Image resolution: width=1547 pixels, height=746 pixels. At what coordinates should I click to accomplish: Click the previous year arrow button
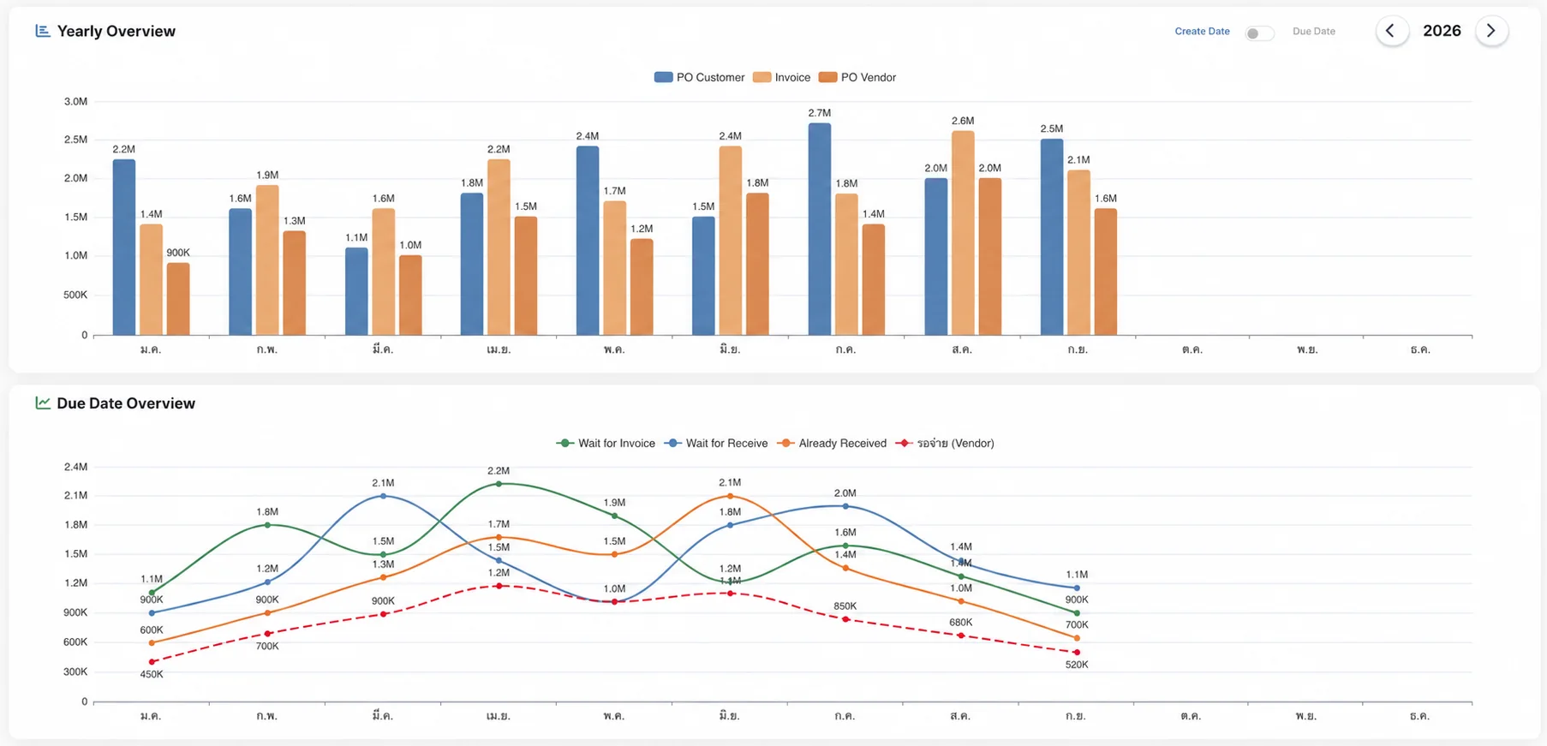[1391, 31]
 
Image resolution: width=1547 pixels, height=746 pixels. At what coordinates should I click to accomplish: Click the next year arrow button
[1491, 31]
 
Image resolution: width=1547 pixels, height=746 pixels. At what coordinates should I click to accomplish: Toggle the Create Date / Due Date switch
[1259, 33]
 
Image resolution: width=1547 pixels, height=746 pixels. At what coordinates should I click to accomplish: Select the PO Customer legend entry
[699, 77]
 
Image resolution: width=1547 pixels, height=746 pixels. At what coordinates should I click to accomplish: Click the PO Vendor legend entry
[857, 77]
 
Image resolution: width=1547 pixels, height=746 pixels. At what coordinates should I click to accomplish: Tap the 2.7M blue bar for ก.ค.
[820, 229]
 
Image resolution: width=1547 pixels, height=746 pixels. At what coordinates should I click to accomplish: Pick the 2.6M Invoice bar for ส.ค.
[963, 233]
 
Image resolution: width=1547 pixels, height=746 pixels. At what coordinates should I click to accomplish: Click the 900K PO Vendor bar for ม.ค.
[178, 299]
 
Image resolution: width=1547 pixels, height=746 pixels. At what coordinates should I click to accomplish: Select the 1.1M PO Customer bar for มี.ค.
[356, 291]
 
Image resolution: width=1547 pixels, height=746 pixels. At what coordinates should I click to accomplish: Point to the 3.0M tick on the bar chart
[75, 101]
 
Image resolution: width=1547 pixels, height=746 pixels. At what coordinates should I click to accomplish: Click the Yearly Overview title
[116, 31]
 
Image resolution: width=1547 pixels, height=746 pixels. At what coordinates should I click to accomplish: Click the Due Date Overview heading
[126, 403]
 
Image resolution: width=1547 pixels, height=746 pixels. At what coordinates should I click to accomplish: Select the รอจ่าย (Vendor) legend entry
[945, 443]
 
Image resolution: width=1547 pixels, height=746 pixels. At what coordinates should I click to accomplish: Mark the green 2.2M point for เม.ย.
[499, 484]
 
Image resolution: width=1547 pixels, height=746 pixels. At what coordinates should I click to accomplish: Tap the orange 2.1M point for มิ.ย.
[730, 496]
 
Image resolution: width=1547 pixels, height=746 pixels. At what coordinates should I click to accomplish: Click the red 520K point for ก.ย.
[1077, 653]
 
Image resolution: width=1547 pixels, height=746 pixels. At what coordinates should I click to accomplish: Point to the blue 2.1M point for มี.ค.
[383, 496]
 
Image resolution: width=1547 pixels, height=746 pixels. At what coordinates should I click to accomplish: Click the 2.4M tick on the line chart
[75, 467]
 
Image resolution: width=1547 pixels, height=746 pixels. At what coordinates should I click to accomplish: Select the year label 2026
[1442, 31]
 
